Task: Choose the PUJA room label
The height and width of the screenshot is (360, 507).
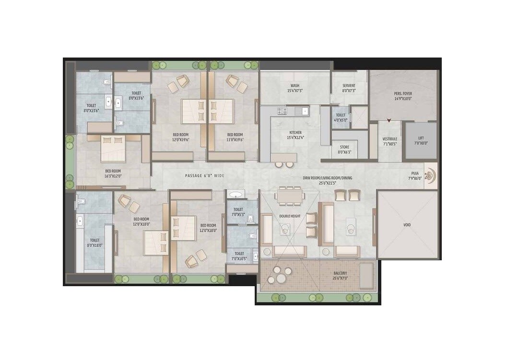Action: (415, 176)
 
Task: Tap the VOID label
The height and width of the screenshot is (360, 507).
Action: (407, 224)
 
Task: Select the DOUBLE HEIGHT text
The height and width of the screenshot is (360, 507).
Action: (289, 216)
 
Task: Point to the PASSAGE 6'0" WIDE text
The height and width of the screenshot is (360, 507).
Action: (205, 176)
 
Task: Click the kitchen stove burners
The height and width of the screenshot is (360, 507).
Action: (282, 111)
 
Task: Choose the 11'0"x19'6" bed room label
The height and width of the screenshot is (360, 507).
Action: (236, 137)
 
